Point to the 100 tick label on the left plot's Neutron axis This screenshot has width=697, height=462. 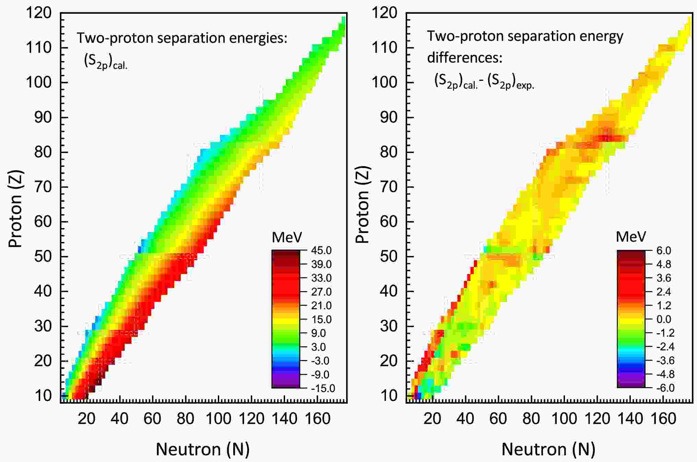218,419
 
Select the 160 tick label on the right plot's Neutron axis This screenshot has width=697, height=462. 663,419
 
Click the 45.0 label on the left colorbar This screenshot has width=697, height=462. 321,251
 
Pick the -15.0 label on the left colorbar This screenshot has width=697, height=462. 322,388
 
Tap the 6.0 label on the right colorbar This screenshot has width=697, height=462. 663,251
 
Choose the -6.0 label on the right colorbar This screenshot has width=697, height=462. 665,388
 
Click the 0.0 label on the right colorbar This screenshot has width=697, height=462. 663,320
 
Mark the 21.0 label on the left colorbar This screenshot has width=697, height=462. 321,305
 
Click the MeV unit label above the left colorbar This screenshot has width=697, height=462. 287,237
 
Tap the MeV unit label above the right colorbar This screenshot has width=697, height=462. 631,237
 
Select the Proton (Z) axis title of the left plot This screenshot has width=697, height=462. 15,209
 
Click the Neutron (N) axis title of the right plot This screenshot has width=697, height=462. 548,449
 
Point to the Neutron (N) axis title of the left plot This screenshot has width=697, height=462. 203,449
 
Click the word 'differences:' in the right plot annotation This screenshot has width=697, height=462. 464,58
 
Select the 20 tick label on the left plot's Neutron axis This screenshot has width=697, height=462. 86,419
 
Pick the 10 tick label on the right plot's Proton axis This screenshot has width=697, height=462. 389,396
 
